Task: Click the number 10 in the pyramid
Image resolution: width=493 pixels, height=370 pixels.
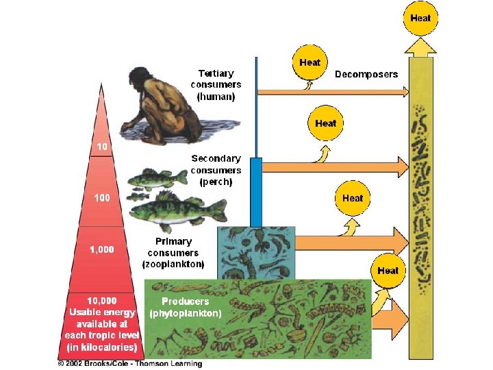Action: (101, 147)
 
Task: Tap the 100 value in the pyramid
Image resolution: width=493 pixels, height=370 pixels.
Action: (101, 197)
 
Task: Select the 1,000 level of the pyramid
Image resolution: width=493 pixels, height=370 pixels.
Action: (102, 249)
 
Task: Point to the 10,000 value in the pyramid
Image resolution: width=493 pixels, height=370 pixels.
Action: (101, 300)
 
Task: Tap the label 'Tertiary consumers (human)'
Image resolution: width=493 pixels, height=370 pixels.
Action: (216, 85)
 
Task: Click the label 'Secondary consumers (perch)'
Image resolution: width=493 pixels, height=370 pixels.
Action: (216, 170)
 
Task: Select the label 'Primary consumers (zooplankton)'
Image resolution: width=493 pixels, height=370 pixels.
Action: (173, 252)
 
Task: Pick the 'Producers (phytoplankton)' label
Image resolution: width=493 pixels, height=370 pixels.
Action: (186, 307)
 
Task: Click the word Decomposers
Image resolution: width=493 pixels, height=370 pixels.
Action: (366, 74)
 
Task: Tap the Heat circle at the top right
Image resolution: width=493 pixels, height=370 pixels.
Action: (420, 18)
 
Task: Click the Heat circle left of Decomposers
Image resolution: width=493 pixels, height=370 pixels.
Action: (310, 62)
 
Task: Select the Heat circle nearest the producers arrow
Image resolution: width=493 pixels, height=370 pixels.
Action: (388, 271)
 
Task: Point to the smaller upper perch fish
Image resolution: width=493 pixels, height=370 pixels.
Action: (158, 179)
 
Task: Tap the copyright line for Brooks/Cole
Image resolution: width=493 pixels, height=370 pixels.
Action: (129, 363)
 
